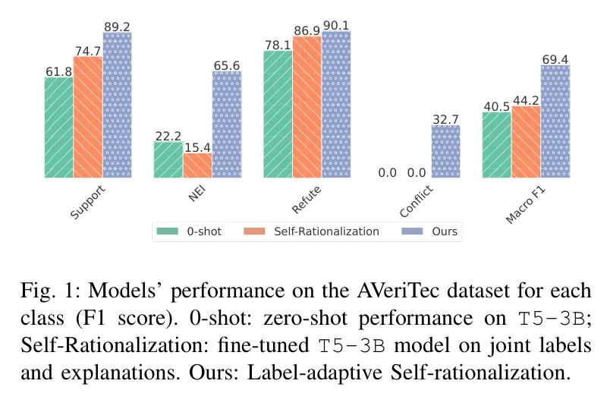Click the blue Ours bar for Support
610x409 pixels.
point(118,105)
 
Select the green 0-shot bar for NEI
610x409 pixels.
point(168,160)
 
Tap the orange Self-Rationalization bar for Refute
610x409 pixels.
point(307,107)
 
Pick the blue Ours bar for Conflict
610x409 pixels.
point(446,152)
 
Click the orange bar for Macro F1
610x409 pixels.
point(526,142)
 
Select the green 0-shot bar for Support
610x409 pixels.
point(59,127)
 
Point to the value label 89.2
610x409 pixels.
point(118,27)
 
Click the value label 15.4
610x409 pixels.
point(197,146)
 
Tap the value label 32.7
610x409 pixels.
point(446,118)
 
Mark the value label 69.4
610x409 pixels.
point(555,58)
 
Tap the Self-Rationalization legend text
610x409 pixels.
point(326,231)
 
